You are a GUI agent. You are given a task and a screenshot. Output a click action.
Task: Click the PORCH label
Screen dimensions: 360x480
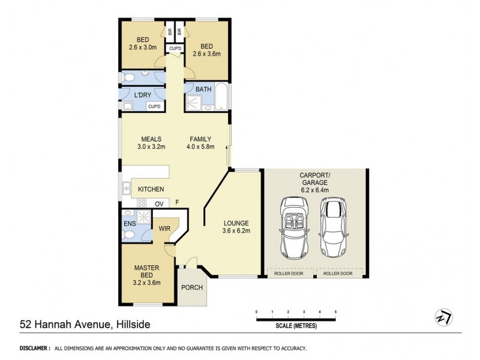pyautogui.click(x=192, y=287)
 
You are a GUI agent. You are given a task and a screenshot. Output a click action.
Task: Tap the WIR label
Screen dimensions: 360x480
pyautogui.click(x=165, y=229)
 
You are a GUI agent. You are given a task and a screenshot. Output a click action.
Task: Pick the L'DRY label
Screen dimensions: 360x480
pyautogui.click(x=142, y=95)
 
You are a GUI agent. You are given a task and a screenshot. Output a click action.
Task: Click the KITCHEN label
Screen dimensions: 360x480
pyautogui.click(x=151, y=190)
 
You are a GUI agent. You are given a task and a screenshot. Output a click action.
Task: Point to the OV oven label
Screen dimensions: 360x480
pyautogui.click(x=159, y=204)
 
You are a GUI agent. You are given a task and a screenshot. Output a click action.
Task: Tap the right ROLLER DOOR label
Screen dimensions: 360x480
pyautogui.click(x=338, y=273)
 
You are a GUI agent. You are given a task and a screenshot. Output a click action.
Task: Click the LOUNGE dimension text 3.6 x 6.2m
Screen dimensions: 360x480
pyautogui.click(x=236, y=230)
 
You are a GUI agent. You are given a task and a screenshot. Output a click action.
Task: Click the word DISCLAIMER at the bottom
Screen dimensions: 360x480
pyautogui.click(x=34, y=348)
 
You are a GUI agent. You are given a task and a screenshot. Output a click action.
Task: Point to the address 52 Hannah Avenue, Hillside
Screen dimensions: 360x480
pyautogui.click(x=84, y=325)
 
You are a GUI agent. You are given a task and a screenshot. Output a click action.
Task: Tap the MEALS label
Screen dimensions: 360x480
pyautogui.click(x=150, y=139)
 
